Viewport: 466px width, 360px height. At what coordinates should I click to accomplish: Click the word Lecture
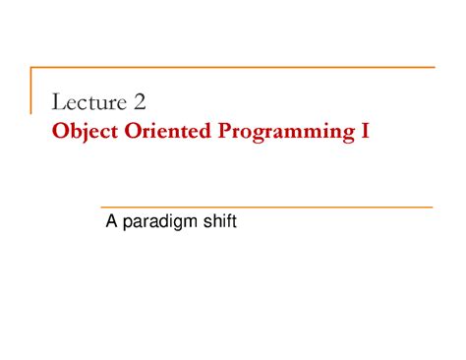(90, 102)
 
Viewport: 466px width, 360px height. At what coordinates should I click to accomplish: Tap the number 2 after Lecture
(140, 102)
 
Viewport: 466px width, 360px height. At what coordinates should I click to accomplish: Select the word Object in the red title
(82, 130)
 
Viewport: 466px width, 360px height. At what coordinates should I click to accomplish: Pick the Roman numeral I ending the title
(365, 130)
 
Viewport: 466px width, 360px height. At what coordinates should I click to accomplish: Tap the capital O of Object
(58, 130)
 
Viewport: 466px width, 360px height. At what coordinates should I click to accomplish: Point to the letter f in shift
(227, 223)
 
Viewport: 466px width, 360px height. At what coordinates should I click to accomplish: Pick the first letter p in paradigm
(127, 225)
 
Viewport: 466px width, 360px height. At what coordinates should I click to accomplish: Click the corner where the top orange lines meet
(31, 68)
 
